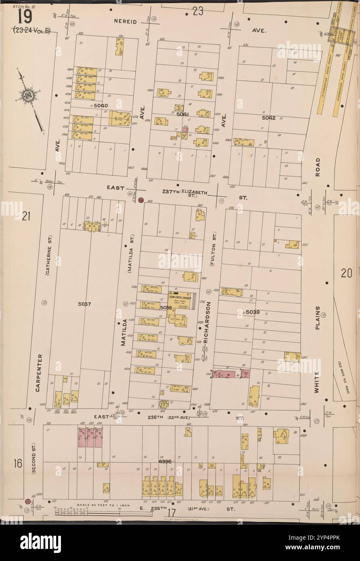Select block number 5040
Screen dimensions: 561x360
tap(100, 105)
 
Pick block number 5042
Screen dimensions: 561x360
tap(268, 118)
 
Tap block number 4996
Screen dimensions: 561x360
tap(165, 461)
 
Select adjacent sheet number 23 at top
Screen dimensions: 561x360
tap(197, 11)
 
